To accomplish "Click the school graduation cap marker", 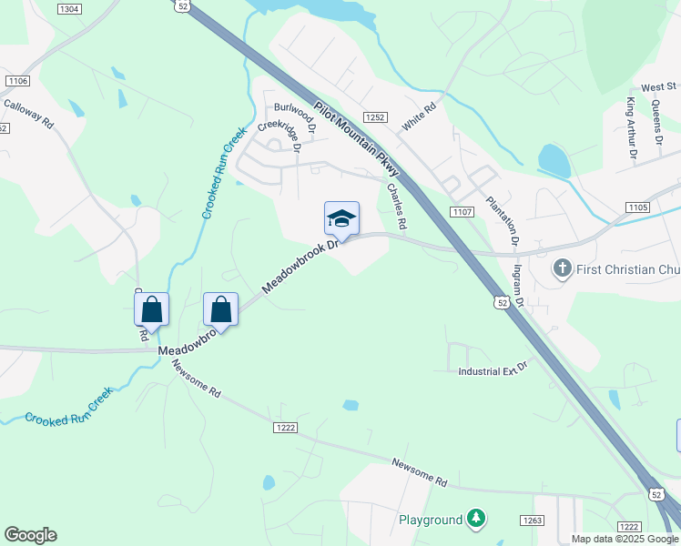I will [x=341, y=219].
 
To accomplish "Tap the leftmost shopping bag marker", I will [x=151, y=310].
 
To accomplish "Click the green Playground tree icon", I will [x=475, y=520].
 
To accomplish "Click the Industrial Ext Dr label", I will [x=493, y=371].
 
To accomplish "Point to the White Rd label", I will [x=420, y=116].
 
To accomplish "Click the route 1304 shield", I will [x=68, y=8].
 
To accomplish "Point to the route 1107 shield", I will [x=461, y=211].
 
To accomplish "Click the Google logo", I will [x=30, y=535].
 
